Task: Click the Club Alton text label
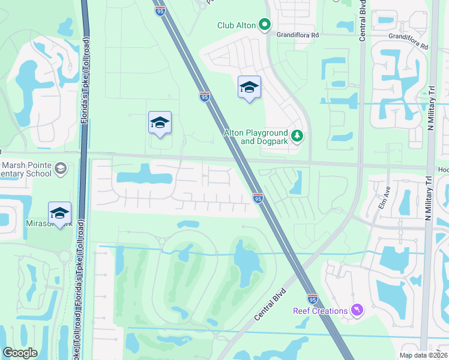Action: [237, 25]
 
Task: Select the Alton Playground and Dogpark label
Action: [256, 137]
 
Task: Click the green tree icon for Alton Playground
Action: [297, 136]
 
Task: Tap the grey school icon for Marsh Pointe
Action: [60, 169]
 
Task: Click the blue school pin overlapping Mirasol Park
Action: [59, 214]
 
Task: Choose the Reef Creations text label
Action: [321, 311]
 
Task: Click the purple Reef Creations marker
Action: [358, 310]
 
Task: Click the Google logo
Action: [20, 352]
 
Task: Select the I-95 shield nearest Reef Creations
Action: [312, 298]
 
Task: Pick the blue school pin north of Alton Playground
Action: [249, 88]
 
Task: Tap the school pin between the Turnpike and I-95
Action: [160, 123]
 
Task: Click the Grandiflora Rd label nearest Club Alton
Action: [298, 35]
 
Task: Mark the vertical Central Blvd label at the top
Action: [363, 24]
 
